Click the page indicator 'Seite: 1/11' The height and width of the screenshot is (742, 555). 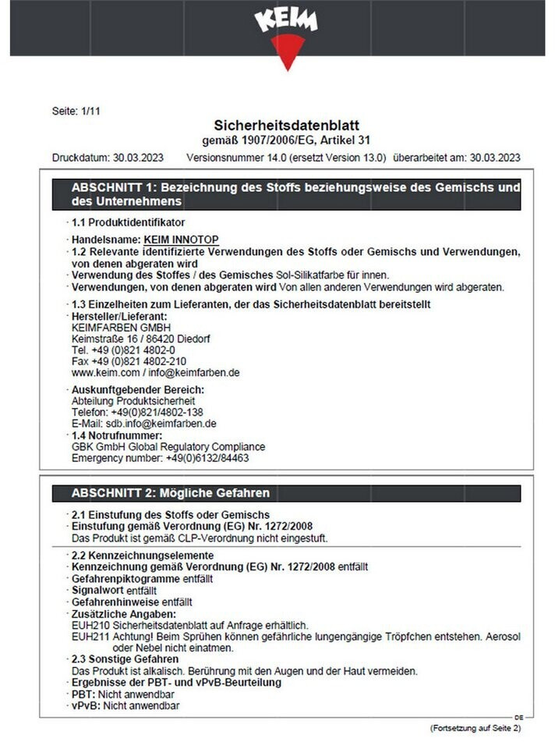tap(76, 111)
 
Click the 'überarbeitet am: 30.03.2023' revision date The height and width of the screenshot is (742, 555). tap(457, 157)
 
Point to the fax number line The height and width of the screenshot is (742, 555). tap(129, 361)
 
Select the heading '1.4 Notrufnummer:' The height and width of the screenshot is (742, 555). tap(117, 435)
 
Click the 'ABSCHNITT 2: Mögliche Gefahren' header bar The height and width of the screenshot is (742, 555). tap(285, 493)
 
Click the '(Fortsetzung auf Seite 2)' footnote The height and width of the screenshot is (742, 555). tap(475, 727)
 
